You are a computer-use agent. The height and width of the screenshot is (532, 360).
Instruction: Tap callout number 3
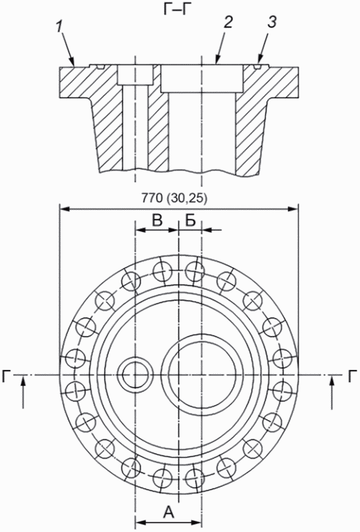coord(272,22)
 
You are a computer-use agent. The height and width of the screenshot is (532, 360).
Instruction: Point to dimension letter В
coord(157,221)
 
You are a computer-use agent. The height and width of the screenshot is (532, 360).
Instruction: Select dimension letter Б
coord(190,221)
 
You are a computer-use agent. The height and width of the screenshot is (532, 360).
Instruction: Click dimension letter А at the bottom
coord(168,511)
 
